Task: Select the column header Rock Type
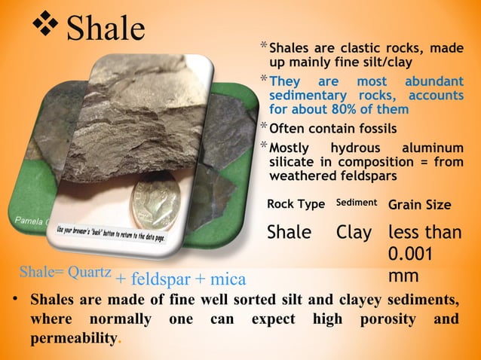tap(296, 205)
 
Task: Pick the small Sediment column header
tap(357, 203)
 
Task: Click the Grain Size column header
tap(419, 205)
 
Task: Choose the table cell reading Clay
tap(354, 233)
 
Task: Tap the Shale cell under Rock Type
tap(290, 233)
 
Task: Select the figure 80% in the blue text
tap(342, 109)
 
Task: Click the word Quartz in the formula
tap(90, 270)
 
